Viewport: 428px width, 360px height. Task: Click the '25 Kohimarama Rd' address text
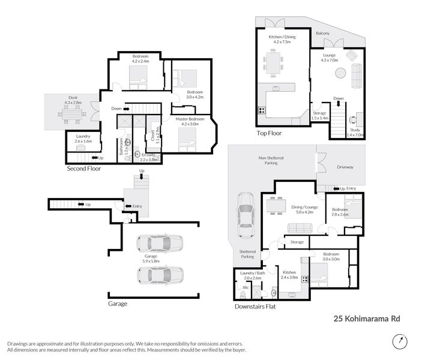366,319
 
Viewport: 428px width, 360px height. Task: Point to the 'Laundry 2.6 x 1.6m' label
83,139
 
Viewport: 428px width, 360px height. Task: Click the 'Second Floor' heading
84,169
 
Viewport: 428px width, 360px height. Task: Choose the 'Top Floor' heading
269,133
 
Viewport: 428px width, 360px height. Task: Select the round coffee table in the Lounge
340,73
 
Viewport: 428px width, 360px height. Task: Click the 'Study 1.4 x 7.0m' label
355,133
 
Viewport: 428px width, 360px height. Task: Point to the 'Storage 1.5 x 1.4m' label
319,115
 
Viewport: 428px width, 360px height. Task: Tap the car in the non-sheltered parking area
246,215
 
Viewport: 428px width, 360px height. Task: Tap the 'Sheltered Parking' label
247,254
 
